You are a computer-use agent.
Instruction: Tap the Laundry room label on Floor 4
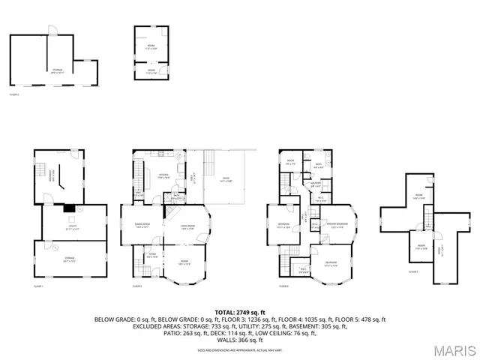coord(316,183)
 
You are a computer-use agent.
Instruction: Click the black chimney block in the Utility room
coord(69,209)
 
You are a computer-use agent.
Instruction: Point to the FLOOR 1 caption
coord(38,286)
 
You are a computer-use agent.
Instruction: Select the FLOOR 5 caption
coord(413,272)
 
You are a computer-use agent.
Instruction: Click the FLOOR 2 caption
coord(14,94)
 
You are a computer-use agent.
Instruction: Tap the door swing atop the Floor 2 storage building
coord(52,30)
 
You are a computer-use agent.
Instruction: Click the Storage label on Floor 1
coord(69,259)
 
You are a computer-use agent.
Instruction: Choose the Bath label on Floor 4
coord(318,166)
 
